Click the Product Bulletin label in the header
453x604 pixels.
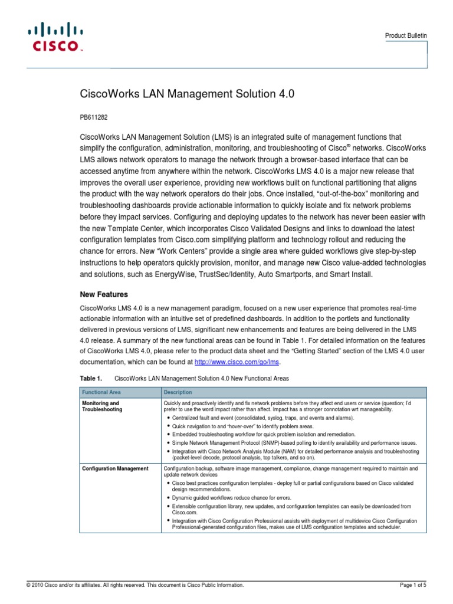coord(406,36)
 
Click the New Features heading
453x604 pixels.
coord(104,294)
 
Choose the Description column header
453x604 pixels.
coord(178,392)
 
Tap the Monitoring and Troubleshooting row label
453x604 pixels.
coord(101,406)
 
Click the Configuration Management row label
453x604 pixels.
coord(115,469)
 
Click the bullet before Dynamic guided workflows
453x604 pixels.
coord(169,498)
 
